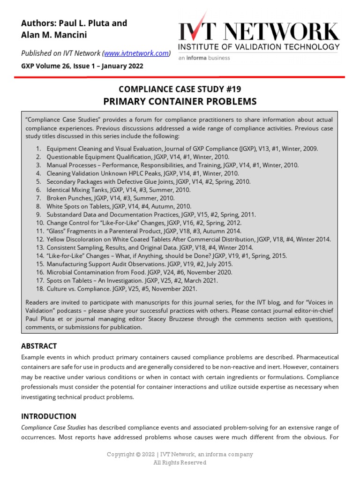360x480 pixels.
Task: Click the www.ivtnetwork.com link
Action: (135, 53)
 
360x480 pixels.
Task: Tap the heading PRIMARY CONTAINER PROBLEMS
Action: (180, 101)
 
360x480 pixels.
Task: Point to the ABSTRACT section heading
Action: (39, 346)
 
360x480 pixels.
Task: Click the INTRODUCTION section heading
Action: (49, 416)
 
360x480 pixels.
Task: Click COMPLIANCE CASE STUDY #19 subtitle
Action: (180, 89)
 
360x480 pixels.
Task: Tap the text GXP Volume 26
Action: (45, 66)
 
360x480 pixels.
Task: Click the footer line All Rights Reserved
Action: (180, 463)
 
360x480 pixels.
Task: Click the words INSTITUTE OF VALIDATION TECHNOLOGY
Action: (259, 47)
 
